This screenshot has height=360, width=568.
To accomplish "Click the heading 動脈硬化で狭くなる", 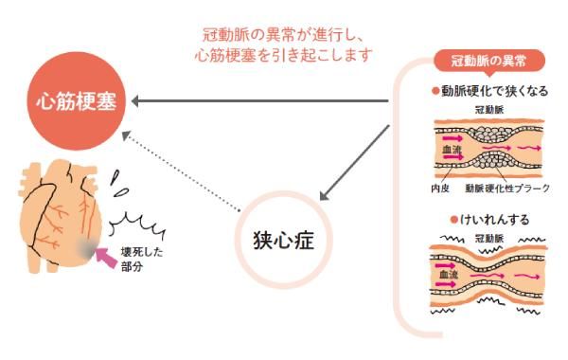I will (493, 92).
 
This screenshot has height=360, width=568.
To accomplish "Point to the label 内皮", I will (439, 189).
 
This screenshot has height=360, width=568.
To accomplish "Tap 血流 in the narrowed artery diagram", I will (452, 149).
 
